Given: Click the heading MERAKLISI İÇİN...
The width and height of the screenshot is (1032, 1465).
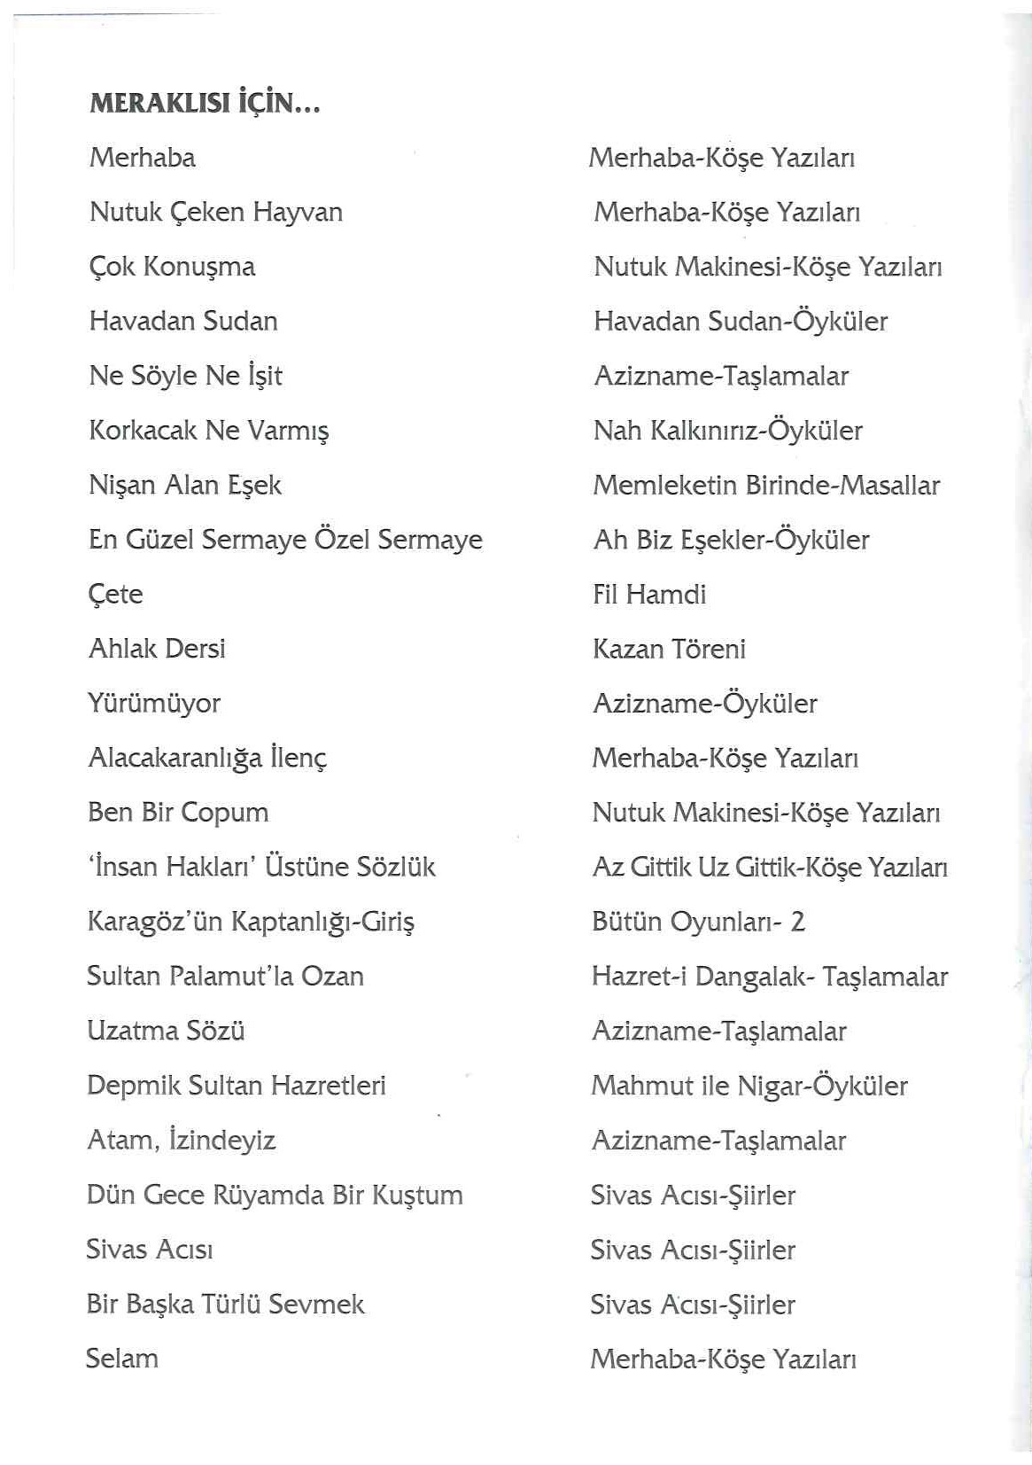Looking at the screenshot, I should pos(205,104).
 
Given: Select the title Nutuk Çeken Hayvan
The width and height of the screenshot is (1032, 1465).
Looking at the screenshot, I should pos(215,213).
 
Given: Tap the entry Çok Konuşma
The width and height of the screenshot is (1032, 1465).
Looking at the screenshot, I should pos(172,267).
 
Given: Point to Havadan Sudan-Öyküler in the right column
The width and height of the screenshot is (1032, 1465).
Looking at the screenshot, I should pos(741,322).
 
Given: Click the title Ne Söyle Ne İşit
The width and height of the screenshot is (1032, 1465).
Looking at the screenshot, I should pos(185,377).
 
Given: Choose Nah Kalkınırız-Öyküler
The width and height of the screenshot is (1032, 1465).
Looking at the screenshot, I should pos(727,432).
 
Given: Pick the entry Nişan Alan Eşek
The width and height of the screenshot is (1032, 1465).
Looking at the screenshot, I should pos(185,486).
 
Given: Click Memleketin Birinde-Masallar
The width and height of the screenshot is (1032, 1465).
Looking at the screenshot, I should pos(766,486).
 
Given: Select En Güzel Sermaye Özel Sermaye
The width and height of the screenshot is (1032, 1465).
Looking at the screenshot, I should pos(285,541).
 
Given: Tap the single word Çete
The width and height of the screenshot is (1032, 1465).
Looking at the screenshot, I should pos(115,595).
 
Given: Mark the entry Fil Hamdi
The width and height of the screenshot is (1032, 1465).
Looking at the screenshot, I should pos(649,595).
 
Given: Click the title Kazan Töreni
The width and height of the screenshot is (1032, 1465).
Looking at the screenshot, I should pos(669,650).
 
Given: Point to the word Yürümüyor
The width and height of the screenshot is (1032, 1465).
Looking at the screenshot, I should pos(154,704).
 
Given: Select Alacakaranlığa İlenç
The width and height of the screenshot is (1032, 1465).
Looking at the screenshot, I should pos(207,759).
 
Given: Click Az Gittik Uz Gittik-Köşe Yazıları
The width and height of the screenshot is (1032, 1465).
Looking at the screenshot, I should pos(770,868).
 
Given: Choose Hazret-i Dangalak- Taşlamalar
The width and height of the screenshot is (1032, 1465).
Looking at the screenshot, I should pos(770,977).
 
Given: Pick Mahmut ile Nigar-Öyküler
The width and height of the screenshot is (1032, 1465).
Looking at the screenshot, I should pos(749,1086).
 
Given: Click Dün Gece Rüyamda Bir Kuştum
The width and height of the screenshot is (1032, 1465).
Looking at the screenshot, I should pos(275,1195).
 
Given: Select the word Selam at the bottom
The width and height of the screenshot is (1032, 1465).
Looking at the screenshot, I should pos(122,1359).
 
